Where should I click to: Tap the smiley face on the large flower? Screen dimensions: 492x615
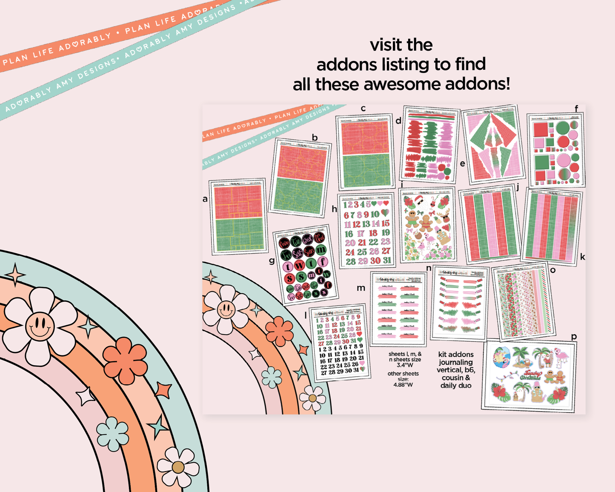click(40, 326)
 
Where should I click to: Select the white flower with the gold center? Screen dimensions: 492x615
click(178, 467)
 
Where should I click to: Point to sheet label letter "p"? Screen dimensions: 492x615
click(574, 336)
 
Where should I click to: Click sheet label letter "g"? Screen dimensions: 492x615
click(272, 260)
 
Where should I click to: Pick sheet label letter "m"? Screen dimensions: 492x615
click(361, 288)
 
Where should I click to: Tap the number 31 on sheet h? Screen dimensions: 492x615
click(386, 260)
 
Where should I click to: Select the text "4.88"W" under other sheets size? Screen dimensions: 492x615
click(403, 385)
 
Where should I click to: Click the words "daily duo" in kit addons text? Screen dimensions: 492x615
click(455, 386)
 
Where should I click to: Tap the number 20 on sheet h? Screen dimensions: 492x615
click(350, 243)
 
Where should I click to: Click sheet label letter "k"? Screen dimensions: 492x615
click(582, 257)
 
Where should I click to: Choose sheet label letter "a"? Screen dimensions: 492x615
click(205, 199)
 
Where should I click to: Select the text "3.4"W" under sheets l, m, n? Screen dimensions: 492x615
click(404, 365)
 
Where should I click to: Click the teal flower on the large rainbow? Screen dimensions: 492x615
click(113, 434)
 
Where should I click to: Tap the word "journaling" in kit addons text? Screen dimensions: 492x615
click(455, 362)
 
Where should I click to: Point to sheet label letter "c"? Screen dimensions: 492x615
click(363, 109)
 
